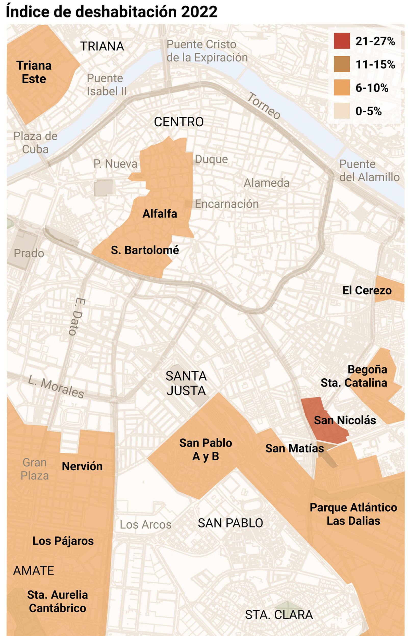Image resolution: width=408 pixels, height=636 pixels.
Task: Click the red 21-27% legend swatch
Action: [341, 41]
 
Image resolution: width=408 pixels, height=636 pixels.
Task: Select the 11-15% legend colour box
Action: [341, 64]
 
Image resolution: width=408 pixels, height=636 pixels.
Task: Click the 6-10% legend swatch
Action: [341, 88]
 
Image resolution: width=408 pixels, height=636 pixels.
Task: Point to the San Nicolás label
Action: [345, 420]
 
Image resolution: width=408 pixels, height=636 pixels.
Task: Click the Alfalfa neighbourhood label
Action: [159, 214]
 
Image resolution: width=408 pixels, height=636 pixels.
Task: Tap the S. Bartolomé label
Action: [145, 250]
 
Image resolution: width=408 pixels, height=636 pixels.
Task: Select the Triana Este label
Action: [34, 72]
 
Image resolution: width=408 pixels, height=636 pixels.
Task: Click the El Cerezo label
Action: [367, 290]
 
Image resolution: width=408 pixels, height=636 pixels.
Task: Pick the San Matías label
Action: [294, 449]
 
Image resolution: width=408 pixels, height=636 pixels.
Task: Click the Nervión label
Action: [82, 466]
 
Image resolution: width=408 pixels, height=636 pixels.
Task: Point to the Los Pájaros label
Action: [63, 541]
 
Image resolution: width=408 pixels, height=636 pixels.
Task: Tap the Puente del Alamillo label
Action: [369, 171]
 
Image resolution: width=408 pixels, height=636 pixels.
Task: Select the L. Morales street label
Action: [56, 387]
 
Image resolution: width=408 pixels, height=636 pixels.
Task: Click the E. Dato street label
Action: [77, 317]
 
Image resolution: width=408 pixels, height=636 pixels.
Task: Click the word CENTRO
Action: [178, 122]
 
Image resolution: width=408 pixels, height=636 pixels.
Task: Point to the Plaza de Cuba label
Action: [35, 143]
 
